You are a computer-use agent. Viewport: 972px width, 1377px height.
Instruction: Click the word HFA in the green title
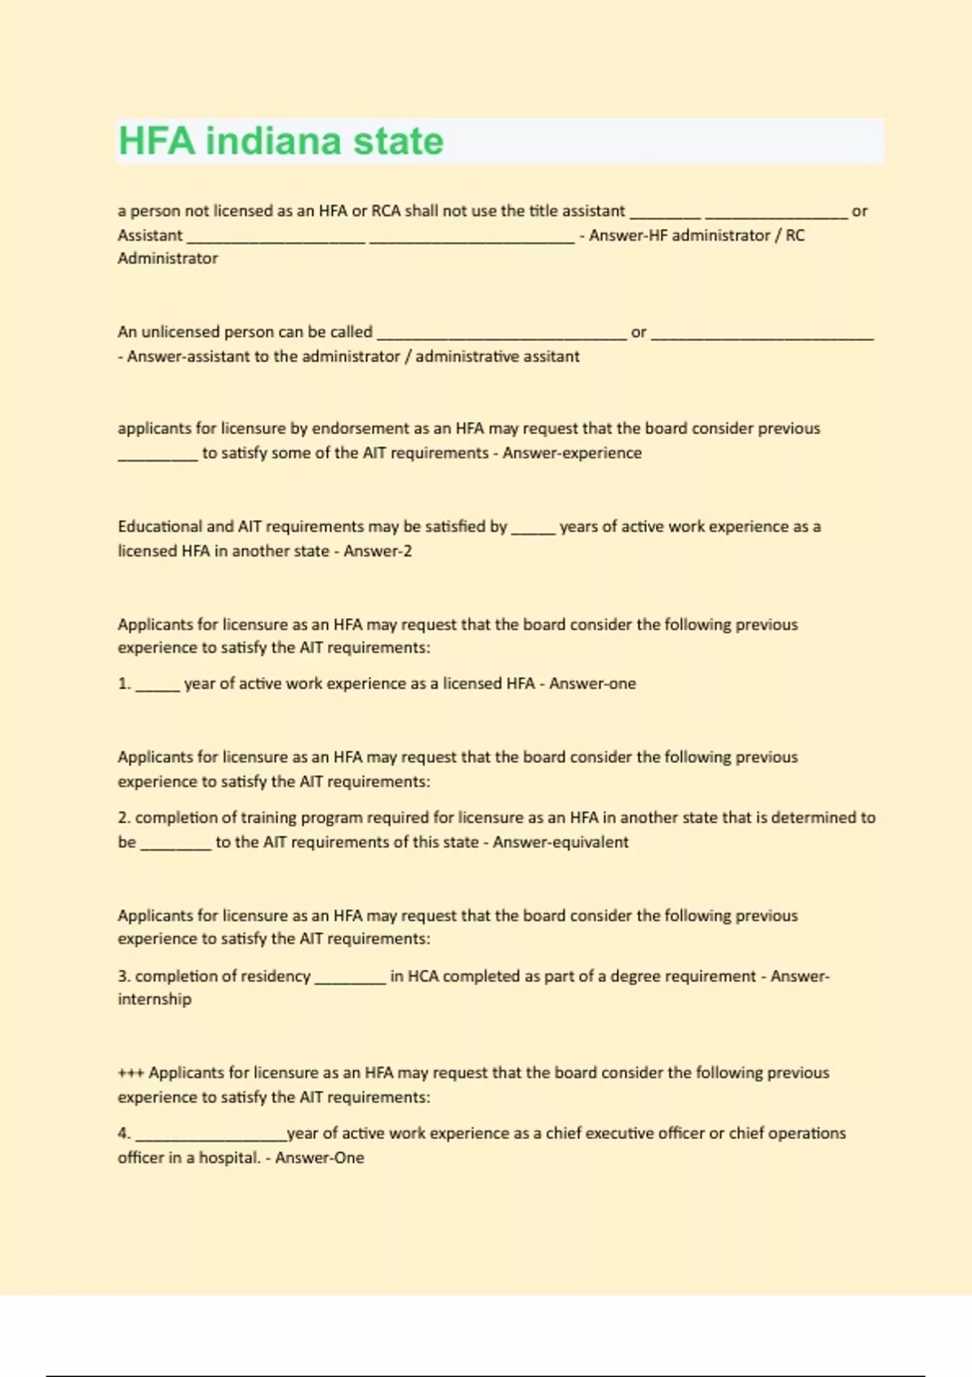tap(157, 141)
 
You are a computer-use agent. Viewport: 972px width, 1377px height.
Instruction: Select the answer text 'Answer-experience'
tap(572, 453)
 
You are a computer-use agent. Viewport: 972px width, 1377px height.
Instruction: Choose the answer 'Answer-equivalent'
tap(561, 842)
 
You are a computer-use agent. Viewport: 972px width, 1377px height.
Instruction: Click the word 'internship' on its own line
tap(155, 999)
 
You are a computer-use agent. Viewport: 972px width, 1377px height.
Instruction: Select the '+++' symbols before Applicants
tap(131, 1073)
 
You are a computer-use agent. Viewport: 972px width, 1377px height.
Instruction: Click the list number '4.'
tap(124, 1133)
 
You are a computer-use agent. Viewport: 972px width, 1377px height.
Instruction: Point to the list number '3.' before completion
tap(124, 976)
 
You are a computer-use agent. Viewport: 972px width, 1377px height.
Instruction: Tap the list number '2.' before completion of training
tap(124, 818)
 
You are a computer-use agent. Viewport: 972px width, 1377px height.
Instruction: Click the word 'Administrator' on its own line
tap(168, 258)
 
